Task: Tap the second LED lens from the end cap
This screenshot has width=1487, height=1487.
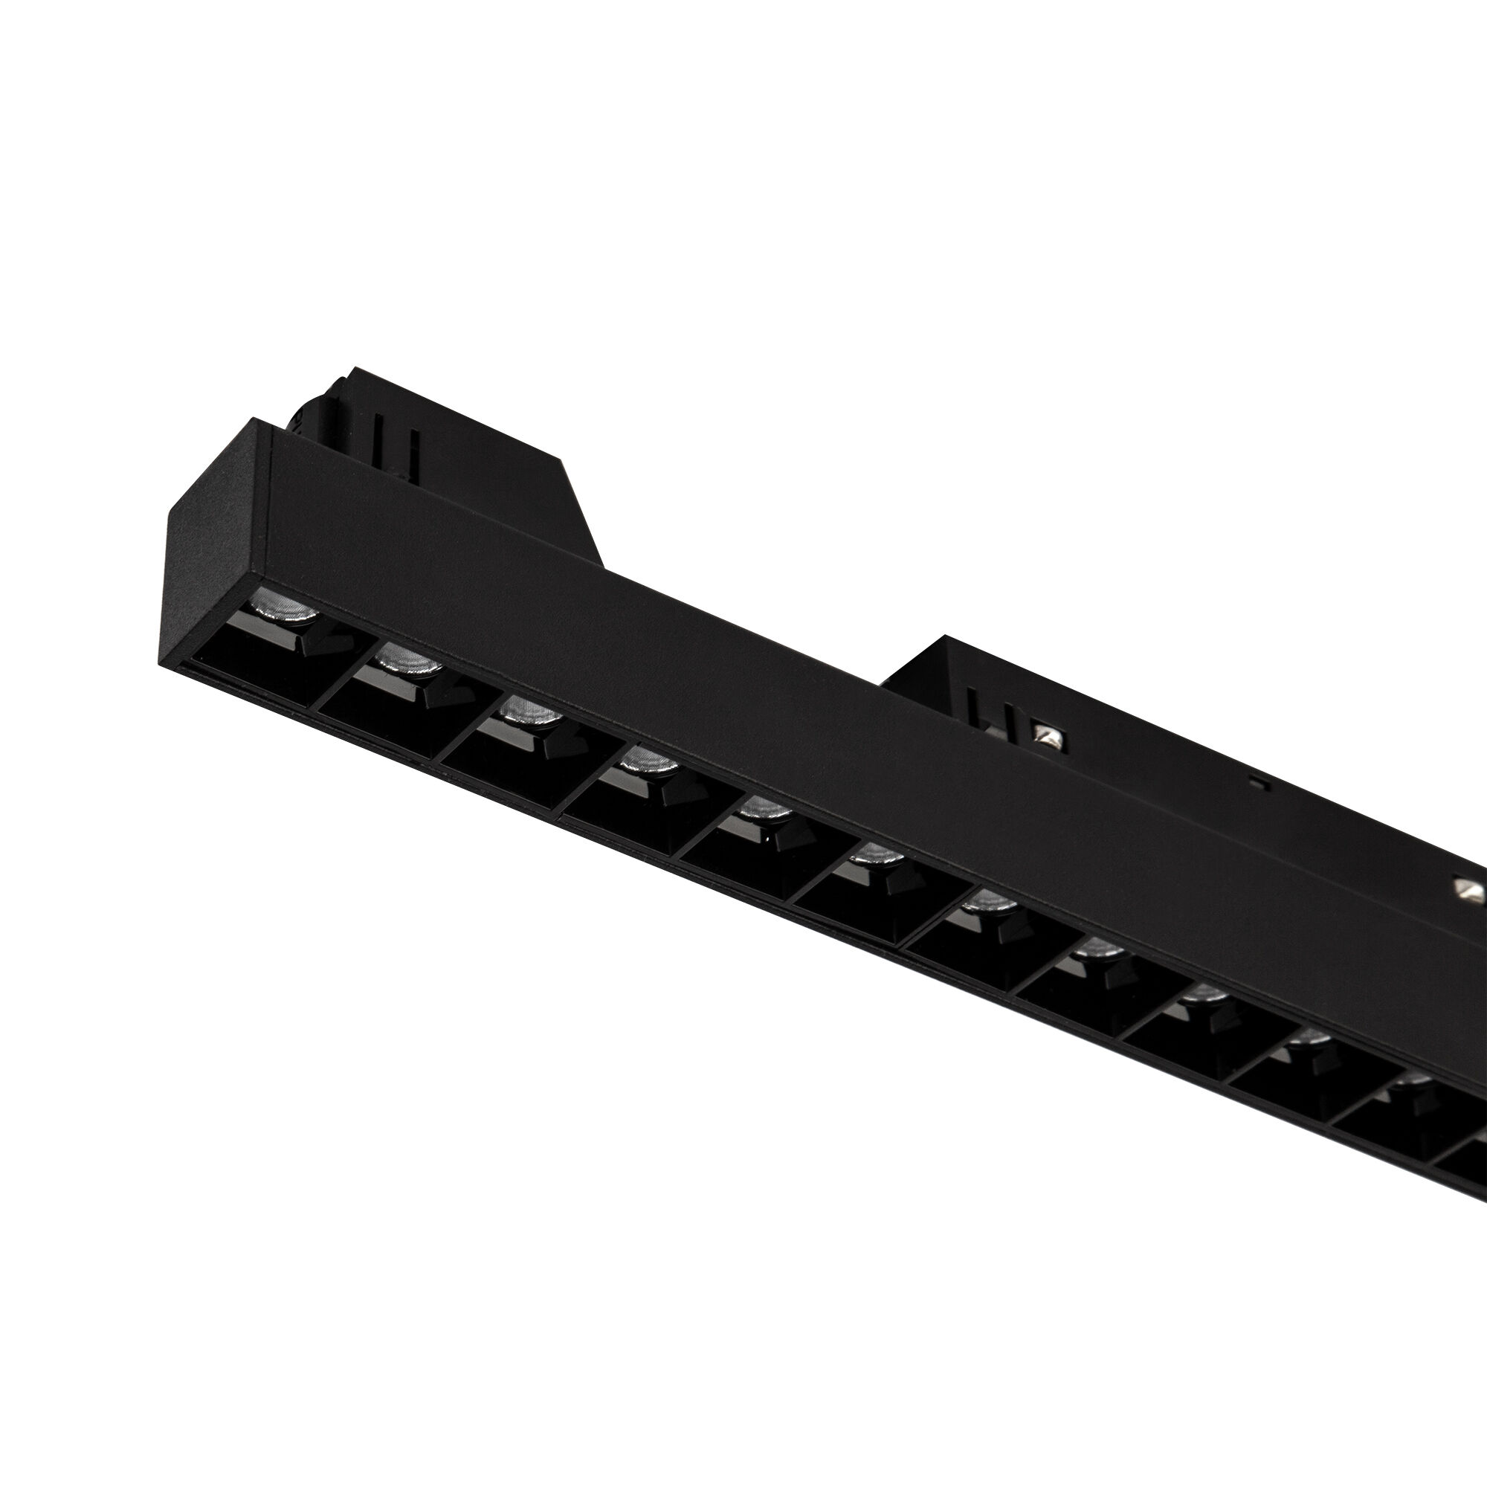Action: [x=409, y=659]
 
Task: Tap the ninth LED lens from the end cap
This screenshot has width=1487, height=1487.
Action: [x=1204, y=996]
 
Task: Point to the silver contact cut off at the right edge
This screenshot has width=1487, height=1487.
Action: [x=1471, y=892]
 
